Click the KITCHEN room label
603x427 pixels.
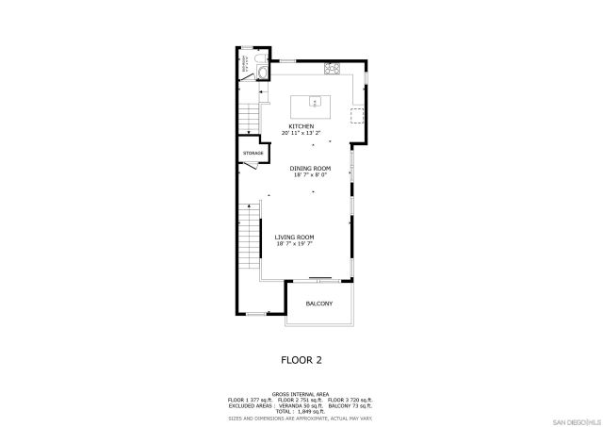click(x=301, y=126)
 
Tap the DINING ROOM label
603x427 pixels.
click(x=309, y=168)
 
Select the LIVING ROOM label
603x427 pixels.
click(x=294, y=237)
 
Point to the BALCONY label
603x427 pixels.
click(x=318, y=304)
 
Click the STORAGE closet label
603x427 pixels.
click(x=253, y=153)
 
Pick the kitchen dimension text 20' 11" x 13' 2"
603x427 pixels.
click(x=301, y=133)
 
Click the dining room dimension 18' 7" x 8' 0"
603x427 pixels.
click(x=309, y=174)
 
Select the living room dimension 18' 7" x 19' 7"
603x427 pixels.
click(x=294, y=243)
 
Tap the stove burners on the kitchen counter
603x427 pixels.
click(x=332, y=68)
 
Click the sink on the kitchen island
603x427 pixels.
click(x=314, y=102)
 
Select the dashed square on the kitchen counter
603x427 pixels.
click(x=358, y=115)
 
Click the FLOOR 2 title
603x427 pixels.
click(x=301, y=359)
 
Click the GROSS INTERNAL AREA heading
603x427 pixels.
click(x=301, y=394)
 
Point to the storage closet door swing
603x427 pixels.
click(x=250, y=168)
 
